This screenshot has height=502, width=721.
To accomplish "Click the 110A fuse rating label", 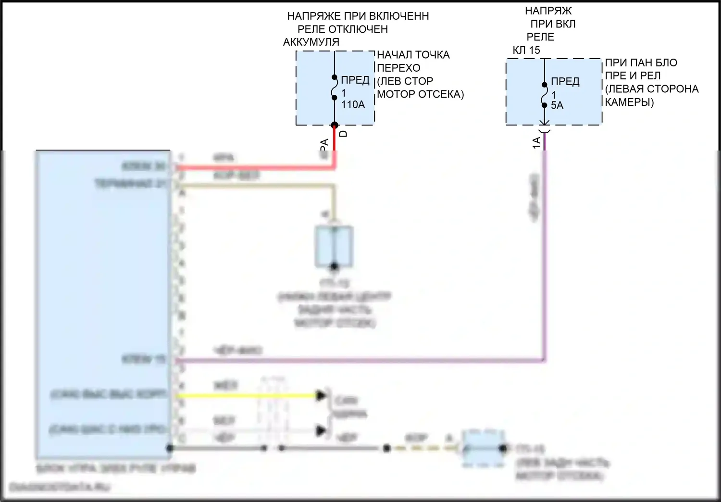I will pyautogui.click(x=353, y=105).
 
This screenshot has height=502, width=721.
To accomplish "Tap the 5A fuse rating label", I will pyautogui.click(x=557, y=105).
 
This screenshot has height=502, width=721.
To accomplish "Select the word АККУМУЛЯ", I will pyautogui.click(x=311, y=42).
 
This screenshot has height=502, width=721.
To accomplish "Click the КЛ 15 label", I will pyautogui.click(x=526, y=50).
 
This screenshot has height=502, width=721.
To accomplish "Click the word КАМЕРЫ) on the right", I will pyautogui.click(x=629, y=102).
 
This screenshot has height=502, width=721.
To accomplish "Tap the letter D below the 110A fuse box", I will pyautogui.click(x=343, y=134).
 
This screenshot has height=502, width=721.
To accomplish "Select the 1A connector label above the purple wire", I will pyautogui.click(x=536, y=142).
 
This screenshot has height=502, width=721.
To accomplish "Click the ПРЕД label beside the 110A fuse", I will pyautogui.click(x=355, y=80).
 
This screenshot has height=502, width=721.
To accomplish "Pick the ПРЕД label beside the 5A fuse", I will pyautogui.click(x=565, y=82).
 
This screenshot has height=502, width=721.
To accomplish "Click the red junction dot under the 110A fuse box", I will pyautogui.click(x=335, y=125).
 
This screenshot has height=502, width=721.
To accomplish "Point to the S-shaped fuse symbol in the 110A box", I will pyautogui.click(x=335, y=88).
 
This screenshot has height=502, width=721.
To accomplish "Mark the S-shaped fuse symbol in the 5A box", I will pyautogui.click(x=545, y=95).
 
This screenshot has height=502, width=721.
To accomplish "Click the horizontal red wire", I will pyautogui.click(x=255, y=167).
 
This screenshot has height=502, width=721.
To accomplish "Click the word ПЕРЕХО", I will pyautogui.click(x=398, y=68).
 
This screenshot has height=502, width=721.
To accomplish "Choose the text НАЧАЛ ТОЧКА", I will pyautogui.click(x=413, y=55).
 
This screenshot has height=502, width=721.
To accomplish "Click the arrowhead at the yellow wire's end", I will pyautogui.click(x=321, y=396).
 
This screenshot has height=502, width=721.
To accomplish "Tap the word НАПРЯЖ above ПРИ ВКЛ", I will pyautogui.click(x=548, y=11).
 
